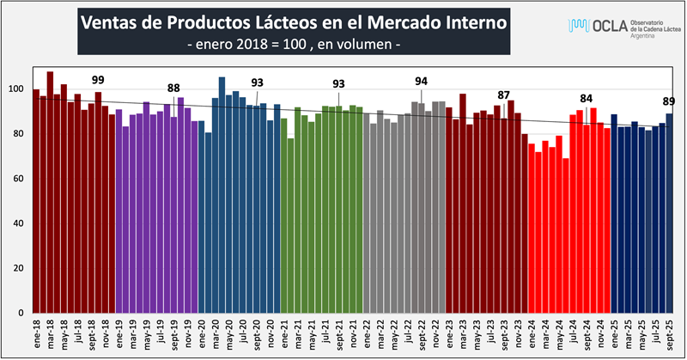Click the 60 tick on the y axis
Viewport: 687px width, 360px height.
click(x=18, y=179)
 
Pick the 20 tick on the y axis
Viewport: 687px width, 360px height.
click(x=18, y=268)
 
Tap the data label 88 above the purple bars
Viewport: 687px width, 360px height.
click(x=173, y=88)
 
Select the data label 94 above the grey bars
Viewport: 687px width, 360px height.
click(x=421, y=81)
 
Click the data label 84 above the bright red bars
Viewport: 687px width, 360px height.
click(x=587, y=97)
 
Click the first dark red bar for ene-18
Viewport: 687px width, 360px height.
click(x=36, y=201)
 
